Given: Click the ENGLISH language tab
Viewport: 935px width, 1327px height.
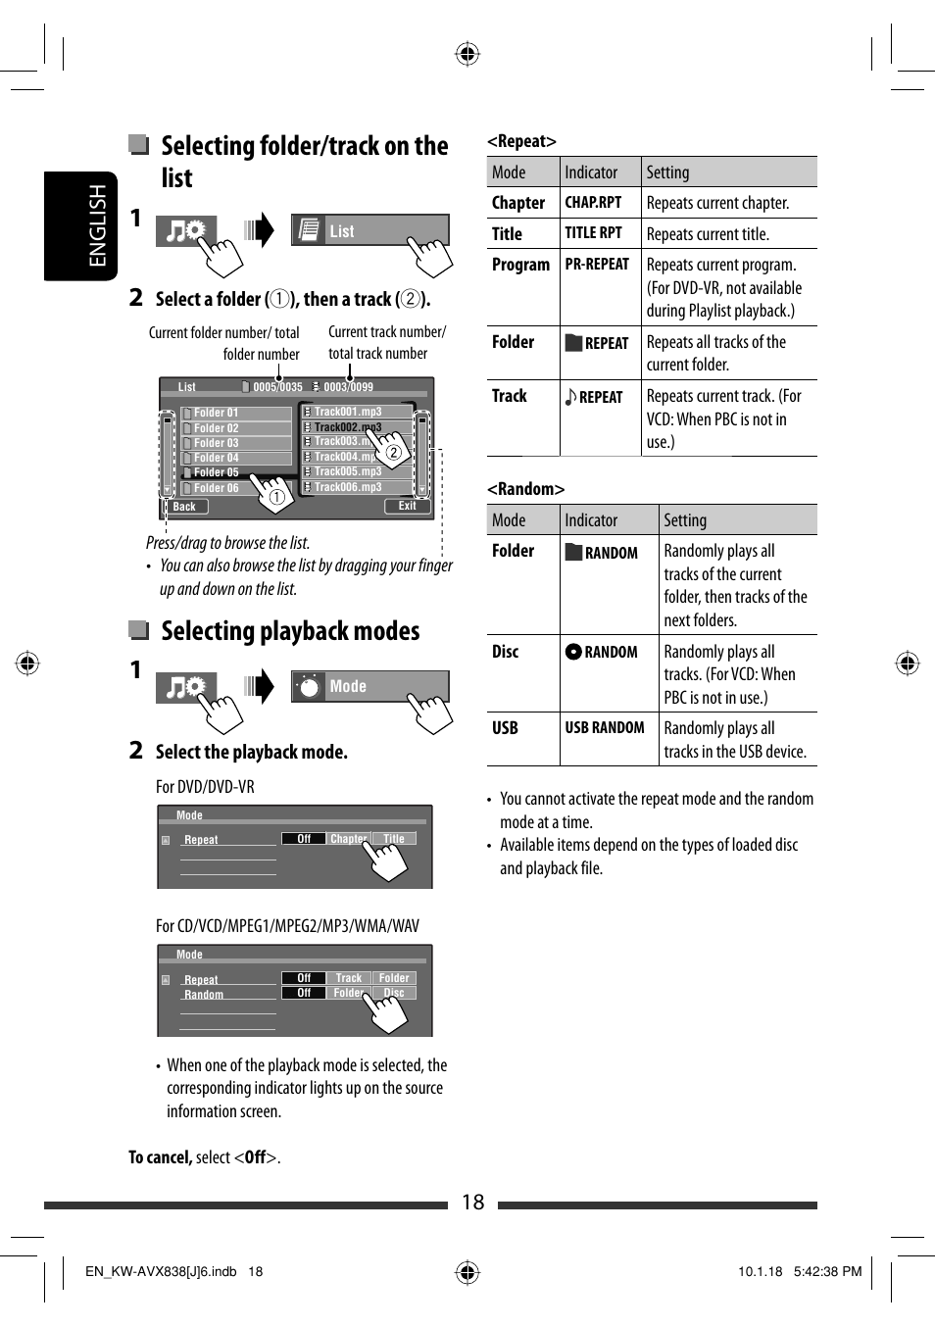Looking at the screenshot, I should (96, 225).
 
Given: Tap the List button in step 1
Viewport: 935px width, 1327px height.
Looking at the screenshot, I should (369, 231).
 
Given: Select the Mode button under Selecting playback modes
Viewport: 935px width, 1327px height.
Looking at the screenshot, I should (369, 686).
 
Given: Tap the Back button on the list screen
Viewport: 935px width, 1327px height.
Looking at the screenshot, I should (184, 507).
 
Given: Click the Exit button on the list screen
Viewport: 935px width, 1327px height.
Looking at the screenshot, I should (407, 506).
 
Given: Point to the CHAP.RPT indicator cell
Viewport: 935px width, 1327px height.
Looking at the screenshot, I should (593, 203).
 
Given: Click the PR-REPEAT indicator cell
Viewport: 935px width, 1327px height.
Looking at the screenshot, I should (597, 265).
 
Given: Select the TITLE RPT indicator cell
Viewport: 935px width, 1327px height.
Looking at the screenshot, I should (593, 233).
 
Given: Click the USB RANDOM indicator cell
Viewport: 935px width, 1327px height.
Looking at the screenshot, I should (605, 728).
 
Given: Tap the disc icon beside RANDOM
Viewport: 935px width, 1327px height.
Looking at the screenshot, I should (573, 652).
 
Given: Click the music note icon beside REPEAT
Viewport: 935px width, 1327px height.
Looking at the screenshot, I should (570, 397).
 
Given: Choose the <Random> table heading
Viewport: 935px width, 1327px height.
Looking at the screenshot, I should (525, 489).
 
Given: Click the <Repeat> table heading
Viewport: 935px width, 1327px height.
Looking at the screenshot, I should (521, 141).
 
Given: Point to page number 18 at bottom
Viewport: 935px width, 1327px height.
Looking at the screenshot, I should (472, 1203).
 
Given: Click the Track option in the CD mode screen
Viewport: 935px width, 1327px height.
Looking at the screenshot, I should (349, 978).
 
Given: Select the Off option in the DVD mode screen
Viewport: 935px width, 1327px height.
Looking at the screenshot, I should (304, 839).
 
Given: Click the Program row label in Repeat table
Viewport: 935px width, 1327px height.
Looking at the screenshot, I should (520, 265).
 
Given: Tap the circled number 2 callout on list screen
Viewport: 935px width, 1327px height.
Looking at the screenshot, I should (393, 452).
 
